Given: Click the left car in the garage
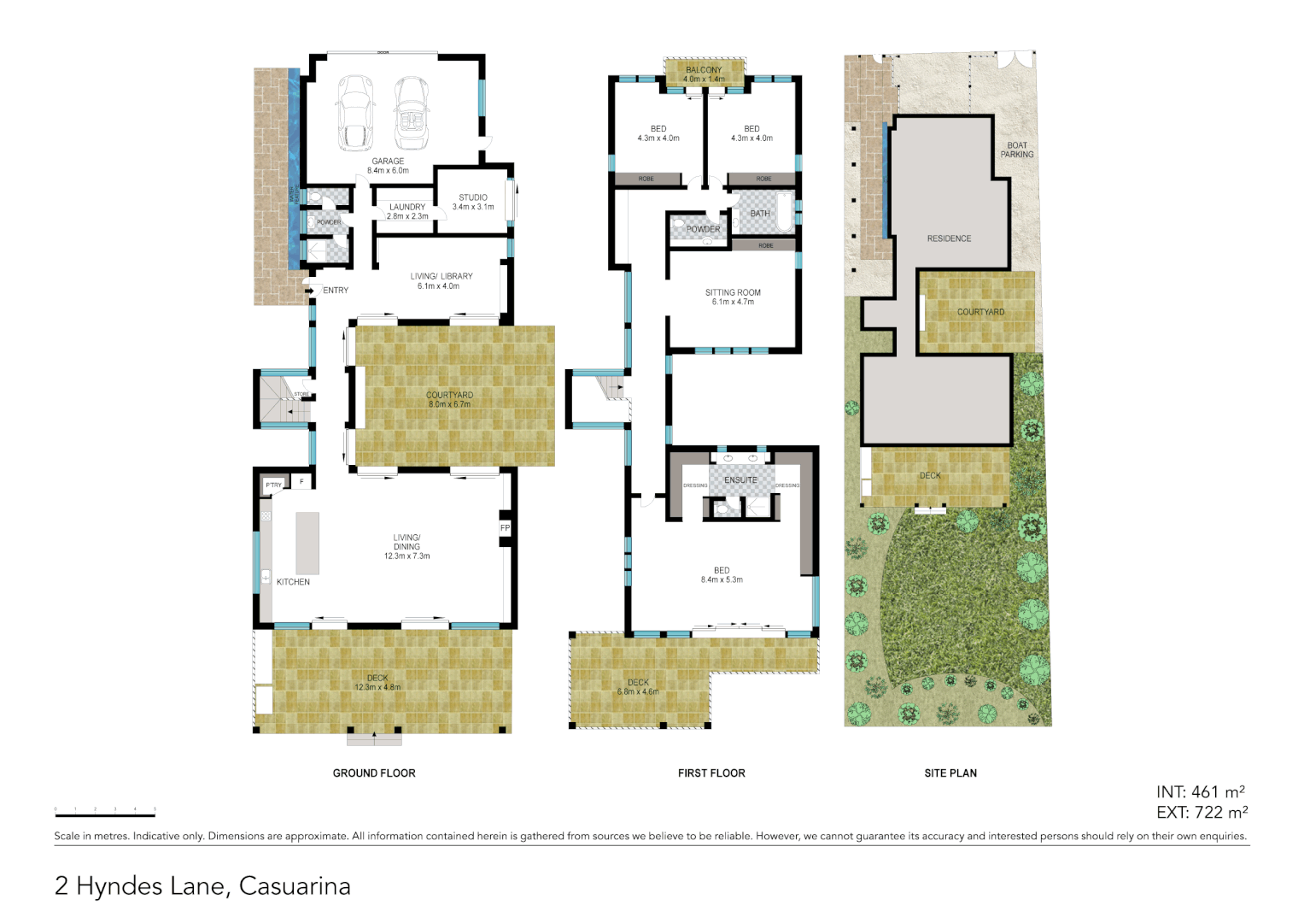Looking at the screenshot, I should (354, 113).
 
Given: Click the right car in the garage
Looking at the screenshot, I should (412, 113).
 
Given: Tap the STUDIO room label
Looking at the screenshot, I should (473, 197).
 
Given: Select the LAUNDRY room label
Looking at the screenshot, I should (407, 207).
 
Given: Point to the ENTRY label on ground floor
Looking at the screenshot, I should (336, 291).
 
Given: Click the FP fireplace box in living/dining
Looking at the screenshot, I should (505, 528).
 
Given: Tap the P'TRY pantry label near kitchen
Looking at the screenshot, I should (273, 485).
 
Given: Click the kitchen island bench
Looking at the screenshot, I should (307, 543).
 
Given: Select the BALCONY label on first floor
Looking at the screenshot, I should (704, 70).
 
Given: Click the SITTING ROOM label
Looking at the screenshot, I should (733, 292).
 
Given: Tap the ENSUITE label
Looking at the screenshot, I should (740, 480).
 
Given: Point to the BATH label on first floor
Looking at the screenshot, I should (760, 214).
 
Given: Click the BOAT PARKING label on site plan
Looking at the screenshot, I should (1017, 150).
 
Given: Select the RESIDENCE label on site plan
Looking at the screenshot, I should (949, 238).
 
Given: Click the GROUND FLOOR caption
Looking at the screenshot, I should (374, 773).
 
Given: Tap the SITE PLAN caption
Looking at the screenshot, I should (950, 773).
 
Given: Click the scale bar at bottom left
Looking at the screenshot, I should (105, 814).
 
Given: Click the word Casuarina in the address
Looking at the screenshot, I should (295, 886).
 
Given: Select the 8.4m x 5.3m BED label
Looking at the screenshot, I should (722, 575).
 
